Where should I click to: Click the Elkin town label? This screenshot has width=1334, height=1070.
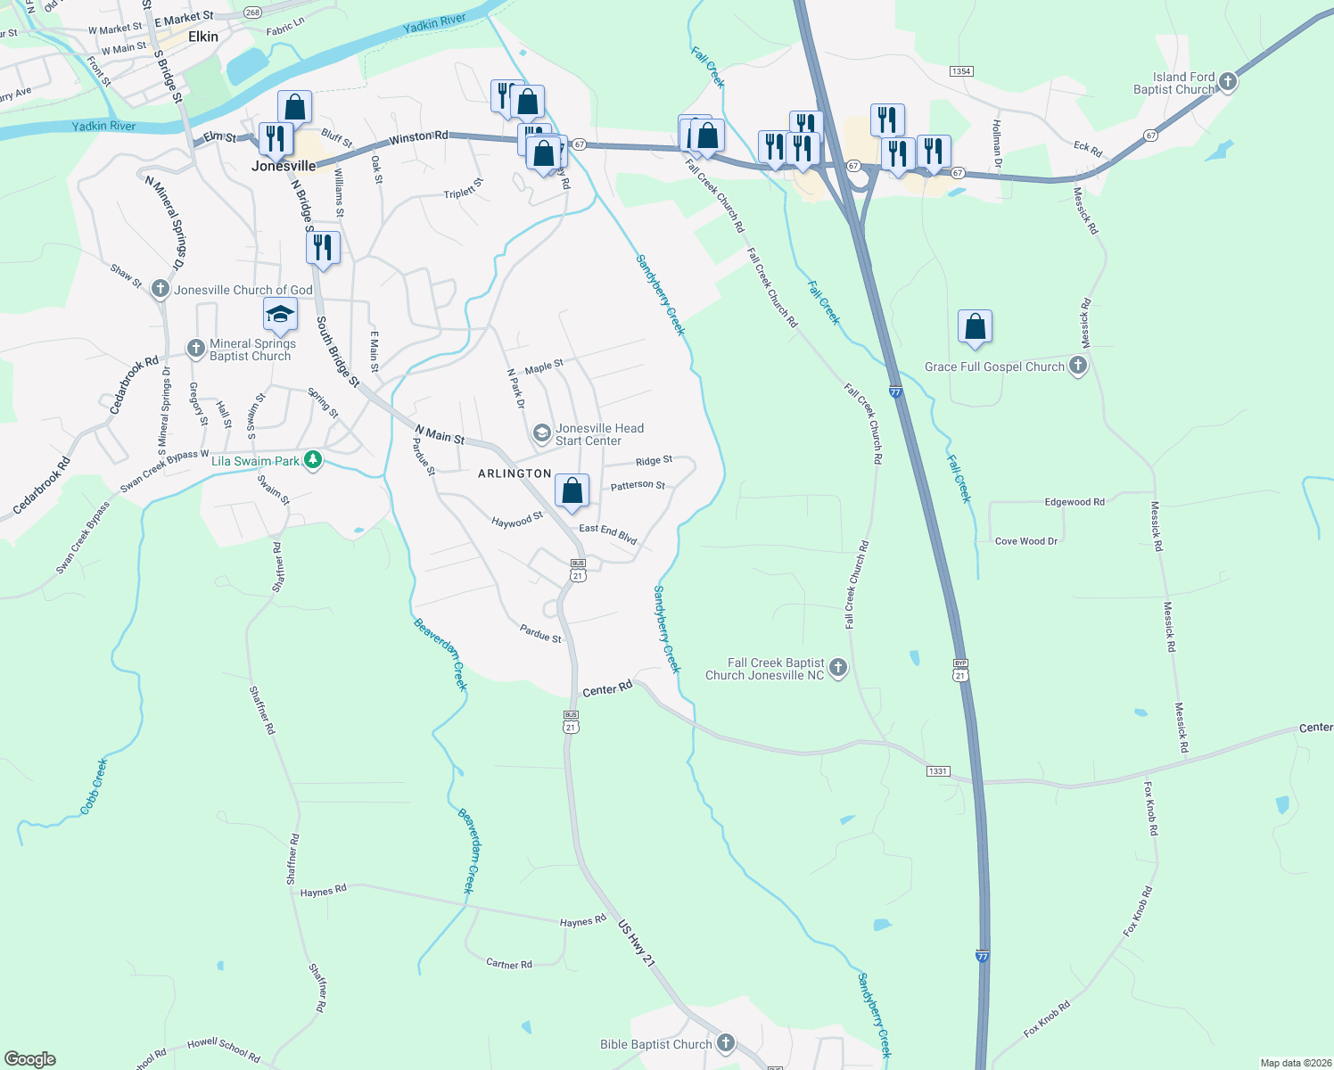click(203, 37)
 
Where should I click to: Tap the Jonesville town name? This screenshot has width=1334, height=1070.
click(284, 166)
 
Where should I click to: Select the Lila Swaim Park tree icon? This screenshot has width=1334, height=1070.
click(313, 460)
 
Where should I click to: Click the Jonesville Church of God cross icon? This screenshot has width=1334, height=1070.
click(161, 289)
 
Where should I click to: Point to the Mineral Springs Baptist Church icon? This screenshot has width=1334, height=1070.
click(196, 349)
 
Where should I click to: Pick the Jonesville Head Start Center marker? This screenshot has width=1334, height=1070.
click(541, 434)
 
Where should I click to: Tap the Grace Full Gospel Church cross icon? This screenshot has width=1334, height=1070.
click(1078, 366)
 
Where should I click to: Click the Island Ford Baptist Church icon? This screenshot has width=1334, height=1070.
click(1228, 83)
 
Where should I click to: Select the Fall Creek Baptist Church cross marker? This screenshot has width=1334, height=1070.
click(837, 668)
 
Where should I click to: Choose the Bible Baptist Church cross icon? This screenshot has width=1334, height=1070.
click(726, 1043)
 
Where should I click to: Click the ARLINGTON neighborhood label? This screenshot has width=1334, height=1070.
click(515, 473)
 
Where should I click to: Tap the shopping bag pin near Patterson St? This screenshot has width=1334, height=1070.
click(572, 490)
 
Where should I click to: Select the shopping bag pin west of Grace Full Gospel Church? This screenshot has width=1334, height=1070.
click(976, 326)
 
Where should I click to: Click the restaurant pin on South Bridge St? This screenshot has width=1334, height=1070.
click(323, 247)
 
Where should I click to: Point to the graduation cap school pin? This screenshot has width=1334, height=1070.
click(280, 315)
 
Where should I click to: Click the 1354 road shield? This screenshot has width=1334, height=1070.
click(960, 71)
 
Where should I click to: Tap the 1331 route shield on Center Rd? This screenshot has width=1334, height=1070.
click(937, 771)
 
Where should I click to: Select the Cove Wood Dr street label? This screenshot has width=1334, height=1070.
click(1025, 541)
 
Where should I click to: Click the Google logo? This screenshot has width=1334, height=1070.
click(30, 1059)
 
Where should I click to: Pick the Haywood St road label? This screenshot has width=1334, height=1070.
click(517, 520)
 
